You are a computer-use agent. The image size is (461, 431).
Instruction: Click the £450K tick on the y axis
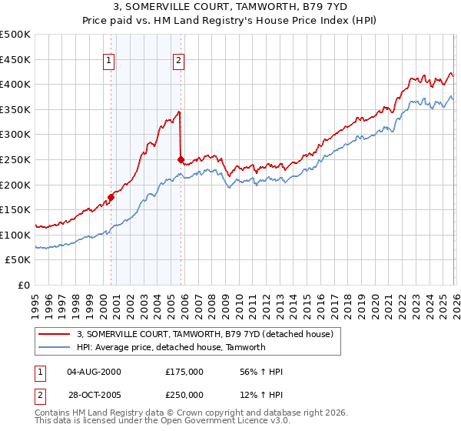(15, 59)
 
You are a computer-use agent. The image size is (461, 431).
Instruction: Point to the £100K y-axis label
(15, 235)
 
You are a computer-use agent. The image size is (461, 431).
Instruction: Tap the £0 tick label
(25, 285)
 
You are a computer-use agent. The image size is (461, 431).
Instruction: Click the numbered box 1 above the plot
(109, 61)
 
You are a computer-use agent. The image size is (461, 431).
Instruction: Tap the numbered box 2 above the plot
(178, 61)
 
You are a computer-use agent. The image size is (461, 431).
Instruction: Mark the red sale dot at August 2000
(111, 197)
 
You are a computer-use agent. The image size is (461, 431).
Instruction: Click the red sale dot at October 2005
(181, 160)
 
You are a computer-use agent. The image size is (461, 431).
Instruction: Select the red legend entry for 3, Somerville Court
(204, 334)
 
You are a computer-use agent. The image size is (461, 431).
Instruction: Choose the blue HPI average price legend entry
(171, 347)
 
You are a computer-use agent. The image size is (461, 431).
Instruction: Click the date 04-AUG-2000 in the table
(95, 371)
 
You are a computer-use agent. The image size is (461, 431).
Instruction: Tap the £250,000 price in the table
(184, 394)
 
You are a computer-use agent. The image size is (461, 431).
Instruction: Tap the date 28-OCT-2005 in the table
(95, 394)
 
